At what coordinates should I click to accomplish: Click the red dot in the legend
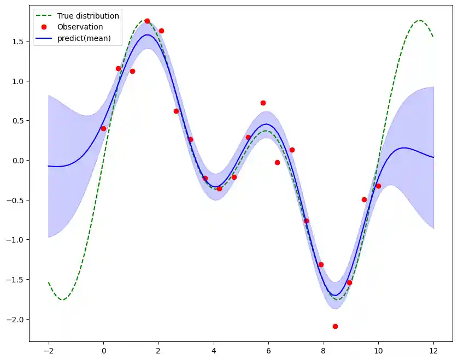[45, 27]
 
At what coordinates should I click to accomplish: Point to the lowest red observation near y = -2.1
[335, 326]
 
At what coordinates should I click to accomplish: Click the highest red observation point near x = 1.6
[147, 21]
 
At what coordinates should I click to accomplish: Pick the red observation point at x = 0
[103, 128]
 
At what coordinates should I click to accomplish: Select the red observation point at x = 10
[378, 186]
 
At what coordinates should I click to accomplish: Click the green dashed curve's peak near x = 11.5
[419, 20]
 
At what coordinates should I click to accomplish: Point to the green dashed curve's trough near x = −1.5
[62, 299]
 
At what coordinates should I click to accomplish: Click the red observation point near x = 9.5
[364, 199]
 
